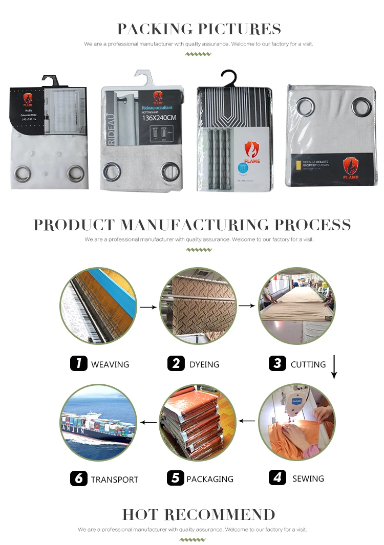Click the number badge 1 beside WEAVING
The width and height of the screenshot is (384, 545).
pyautogui.click(x=78, y=364)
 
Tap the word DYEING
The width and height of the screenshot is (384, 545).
pyautogui.click(x=204, y=364)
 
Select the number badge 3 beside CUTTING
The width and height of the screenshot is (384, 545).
pyautogui.click(x=277, y=364)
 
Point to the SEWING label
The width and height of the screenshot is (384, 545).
pyautogui.click(x=308, y=478)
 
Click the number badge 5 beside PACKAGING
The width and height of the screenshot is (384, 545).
pyautogui.click(x=175, y=478)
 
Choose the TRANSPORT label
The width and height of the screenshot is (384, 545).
pyautogui.click(x=115, y=479)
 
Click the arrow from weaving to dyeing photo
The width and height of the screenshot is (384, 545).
pyautogui.click(x=148, y=307)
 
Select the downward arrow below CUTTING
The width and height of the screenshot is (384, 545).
pyautogui.click(x=334, y=367)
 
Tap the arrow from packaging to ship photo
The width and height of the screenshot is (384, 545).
pyautogui.click(x=148, y=422)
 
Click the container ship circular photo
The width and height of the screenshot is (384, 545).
pyautogui.click(x=98, y=423)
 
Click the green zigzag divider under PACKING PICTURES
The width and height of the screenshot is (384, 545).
pyautogui.click(x=198, y=54)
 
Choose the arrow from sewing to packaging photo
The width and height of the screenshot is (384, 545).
pyautogui.click(x=247, y=421)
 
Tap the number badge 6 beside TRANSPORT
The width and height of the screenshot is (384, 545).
pyautogui.click(x=78, y=478)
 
